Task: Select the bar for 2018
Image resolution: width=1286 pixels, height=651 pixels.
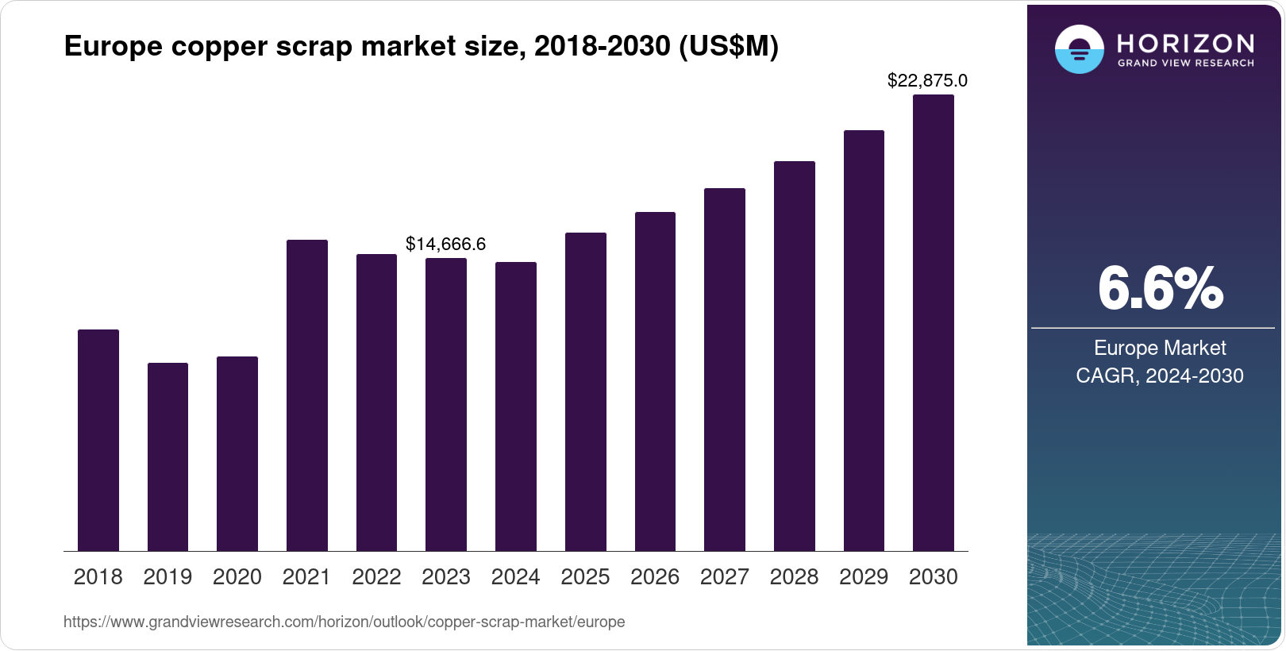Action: click(98, 441)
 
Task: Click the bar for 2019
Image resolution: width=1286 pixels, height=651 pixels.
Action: click(167, 457)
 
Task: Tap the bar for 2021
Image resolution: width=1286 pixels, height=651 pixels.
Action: click(306, 395)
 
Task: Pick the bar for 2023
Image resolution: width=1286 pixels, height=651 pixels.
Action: click(446, 405)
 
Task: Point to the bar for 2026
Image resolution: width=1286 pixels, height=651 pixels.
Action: click(655, 382)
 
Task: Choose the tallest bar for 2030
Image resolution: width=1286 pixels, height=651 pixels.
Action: click(934, 323)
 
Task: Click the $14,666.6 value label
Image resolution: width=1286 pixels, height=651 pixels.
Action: click(445, 244)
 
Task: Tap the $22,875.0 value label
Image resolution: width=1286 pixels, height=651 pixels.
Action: click(927, 80)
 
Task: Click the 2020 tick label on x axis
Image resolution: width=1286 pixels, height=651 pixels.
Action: click(237, 577)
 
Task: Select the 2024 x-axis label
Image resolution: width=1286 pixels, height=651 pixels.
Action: click(515, 577)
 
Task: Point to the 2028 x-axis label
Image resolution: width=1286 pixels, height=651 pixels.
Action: click(794, 577)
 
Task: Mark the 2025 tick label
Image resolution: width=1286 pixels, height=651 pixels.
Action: click(585, 577)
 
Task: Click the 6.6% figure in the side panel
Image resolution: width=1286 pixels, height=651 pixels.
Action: click(1160, 289)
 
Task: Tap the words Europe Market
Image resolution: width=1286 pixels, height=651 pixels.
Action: click(1160, 348)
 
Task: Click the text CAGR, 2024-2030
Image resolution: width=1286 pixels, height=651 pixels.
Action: click(1160, 376)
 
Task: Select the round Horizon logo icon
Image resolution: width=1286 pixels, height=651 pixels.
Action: click(1079, 49)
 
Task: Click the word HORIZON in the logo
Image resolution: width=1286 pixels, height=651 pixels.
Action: click(1185, 43)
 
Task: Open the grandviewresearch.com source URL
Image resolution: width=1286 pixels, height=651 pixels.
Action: click(344, 622)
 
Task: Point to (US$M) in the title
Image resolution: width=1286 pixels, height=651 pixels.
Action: click(728, 47)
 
